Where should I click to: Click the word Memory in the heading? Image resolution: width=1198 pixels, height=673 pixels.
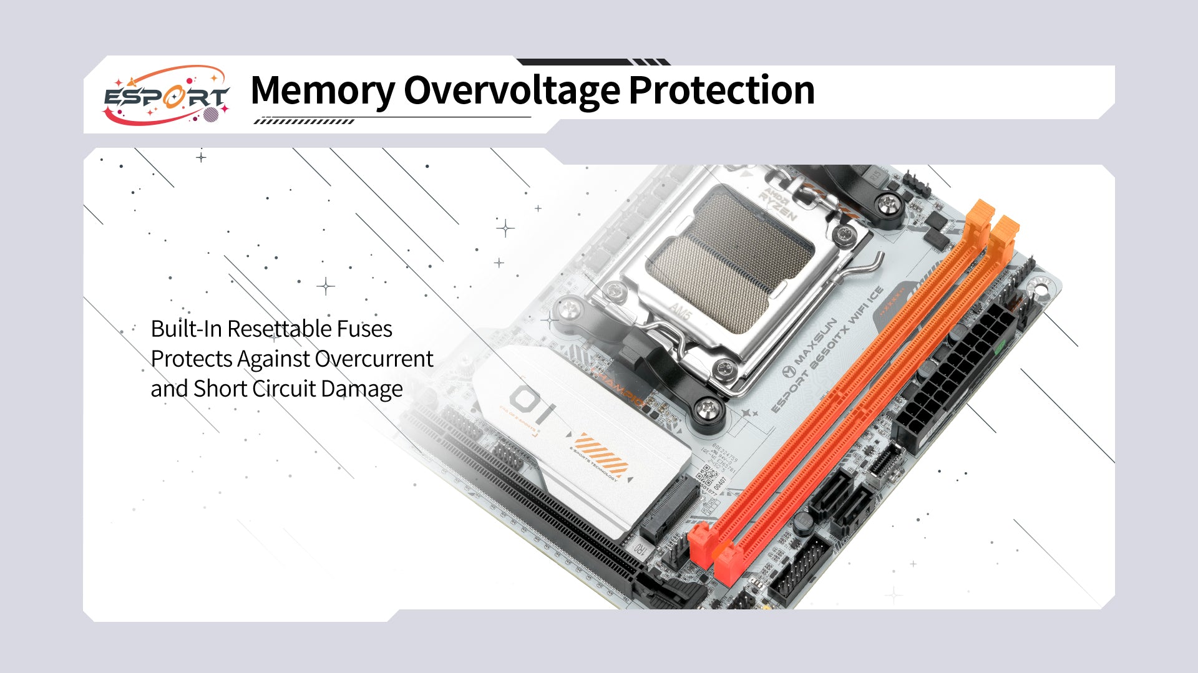(322, 90)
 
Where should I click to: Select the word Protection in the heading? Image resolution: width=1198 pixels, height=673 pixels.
(721, 90)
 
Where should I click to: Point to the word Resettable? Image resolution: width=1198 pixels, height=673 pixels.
(279, 329)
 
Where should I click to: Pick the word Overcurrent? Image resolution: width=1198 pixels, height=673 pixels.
(374, 359)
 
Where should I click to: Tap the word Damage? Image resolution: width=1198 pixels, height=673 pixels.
(362, 389)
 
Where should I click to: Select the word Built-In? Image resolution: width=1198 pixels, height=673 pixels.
(186, 329)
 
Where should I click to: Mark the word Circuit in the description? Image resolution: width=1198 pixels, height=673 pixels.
(284, 389)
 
